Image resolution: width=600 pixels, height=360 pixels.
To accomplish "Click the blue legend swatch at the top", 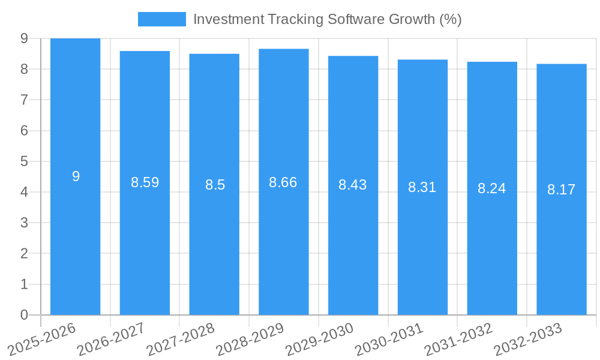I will pos(161,19).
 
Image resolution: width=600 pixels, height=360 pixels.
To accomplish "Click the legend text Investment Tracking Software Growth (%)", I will pos(327,19).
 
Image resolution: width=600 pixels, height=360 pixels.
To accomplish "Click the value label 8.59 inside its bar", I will pos(145,182).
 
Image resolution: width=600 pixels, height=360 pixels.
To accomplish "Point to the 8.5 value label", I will pos(215,185).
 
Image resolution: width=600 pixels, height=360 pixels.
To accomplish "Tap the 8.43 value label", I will pos(353,185).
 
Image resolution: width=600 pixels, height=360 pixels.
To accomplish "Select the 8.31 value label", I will pos(422,187).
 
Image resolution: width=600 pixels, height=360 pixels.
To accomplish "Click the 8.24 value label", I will pos(492,188).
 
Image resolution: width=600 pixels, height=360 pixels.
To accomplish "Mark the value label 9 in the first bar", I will pos(76,176).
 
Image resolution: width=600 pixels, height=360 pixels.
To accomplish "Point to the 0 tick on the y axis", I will pos(24,315).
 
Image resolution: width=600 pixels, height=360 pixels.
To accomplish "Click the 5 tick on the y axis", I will pos(24,161).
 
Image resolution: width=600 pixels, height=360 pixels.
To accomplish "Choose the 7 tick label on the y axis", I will pos(24,100).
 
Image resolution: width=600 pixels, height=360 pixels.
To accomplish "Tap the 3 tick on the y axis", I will pos(24,223).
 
